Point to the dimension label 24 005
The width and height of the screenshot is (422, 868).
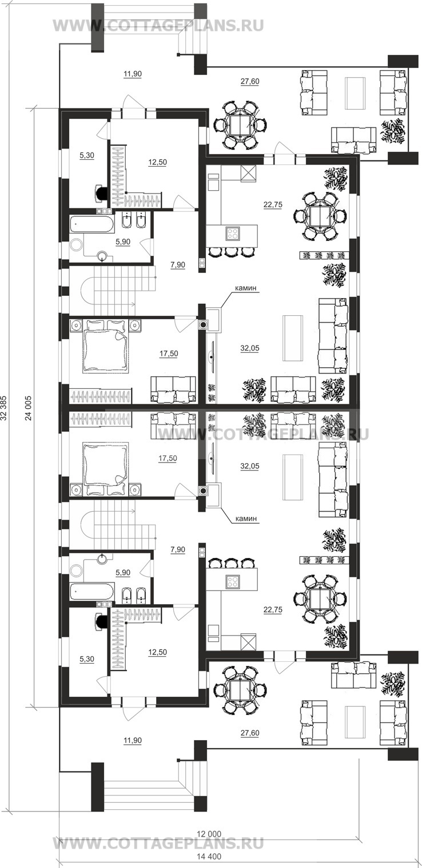point(29,408)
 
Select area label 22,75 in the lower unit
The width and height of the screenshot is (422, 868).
point(273,609)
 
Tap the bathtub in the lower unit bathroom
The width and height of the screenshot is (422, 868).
point(92,592)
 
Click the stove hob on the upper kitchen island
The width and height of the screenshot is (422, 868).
point(233,233)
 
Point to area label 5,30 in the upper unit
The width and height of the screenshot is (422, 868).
point(87,155)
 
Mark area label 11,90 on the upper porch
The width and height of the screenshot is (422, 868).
point(133,74)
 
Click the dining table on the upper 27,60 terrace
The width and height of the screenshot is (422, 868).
point(241,124)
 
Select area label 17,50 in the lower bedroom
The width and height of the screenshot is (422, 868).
point(168,458)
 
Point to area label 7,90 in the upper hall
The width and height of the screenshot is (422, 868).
point(178,264)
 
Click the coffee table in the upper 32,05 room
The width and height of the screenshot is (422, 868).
point(293,338)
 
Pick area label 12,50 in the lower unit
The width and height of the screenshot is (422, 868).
point(157,652)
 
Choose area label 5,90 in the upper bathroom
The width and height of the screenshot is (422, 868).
point(123,242)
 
